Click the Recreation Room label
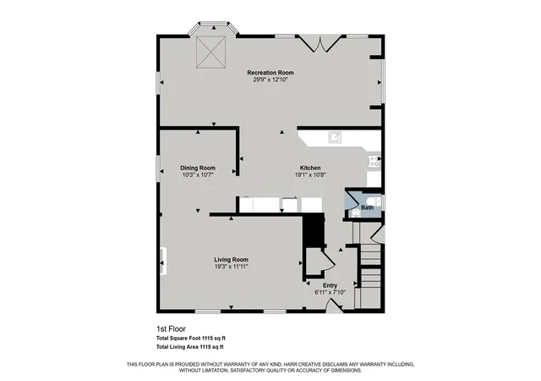pyautogui.click(x=270, y=73)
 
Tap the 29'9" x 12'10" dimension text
pyautogui.click(x=270, y=80)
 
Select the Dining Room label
pyautogui.click(x=198, y=168)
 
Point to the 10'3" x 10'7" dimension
pyautogui.click(x=198, y=175)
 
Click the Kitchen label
pyautogui.click(x=310, y=168)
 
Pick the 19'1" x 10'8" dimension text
pyautogui.click(x=310, y=175)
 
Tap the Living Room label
pyautogui.click(x=231, y=260)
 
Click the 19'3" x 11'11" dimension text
pyautogui.click(x=231, y=267)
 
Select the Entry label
pyautogui.click(x=330, y=285)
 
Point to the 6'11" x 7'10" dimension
pyautogui.click(x=330, y=292)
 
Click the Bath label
pyautogui.click(x=367, y=207)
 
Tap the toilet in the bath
pyautogui.click(x=374, y=202)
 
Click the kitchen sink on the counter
pyautogui.click(x=335, y=137)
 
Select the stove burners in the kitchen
pyautogui.click(x=374, y=162)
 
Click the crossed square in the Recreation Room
pyautogui.click(x=210, y=52)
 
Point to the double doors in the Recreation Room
pyautogui.click(x=320, y=43)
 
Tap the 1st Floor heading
pyautogui.click(x=171, y=329)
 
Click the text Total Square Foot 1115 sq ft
pyautogui.click(x=191, y=339)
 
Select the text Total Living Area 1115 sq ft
pyautogui.click(x=189, y=347)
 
